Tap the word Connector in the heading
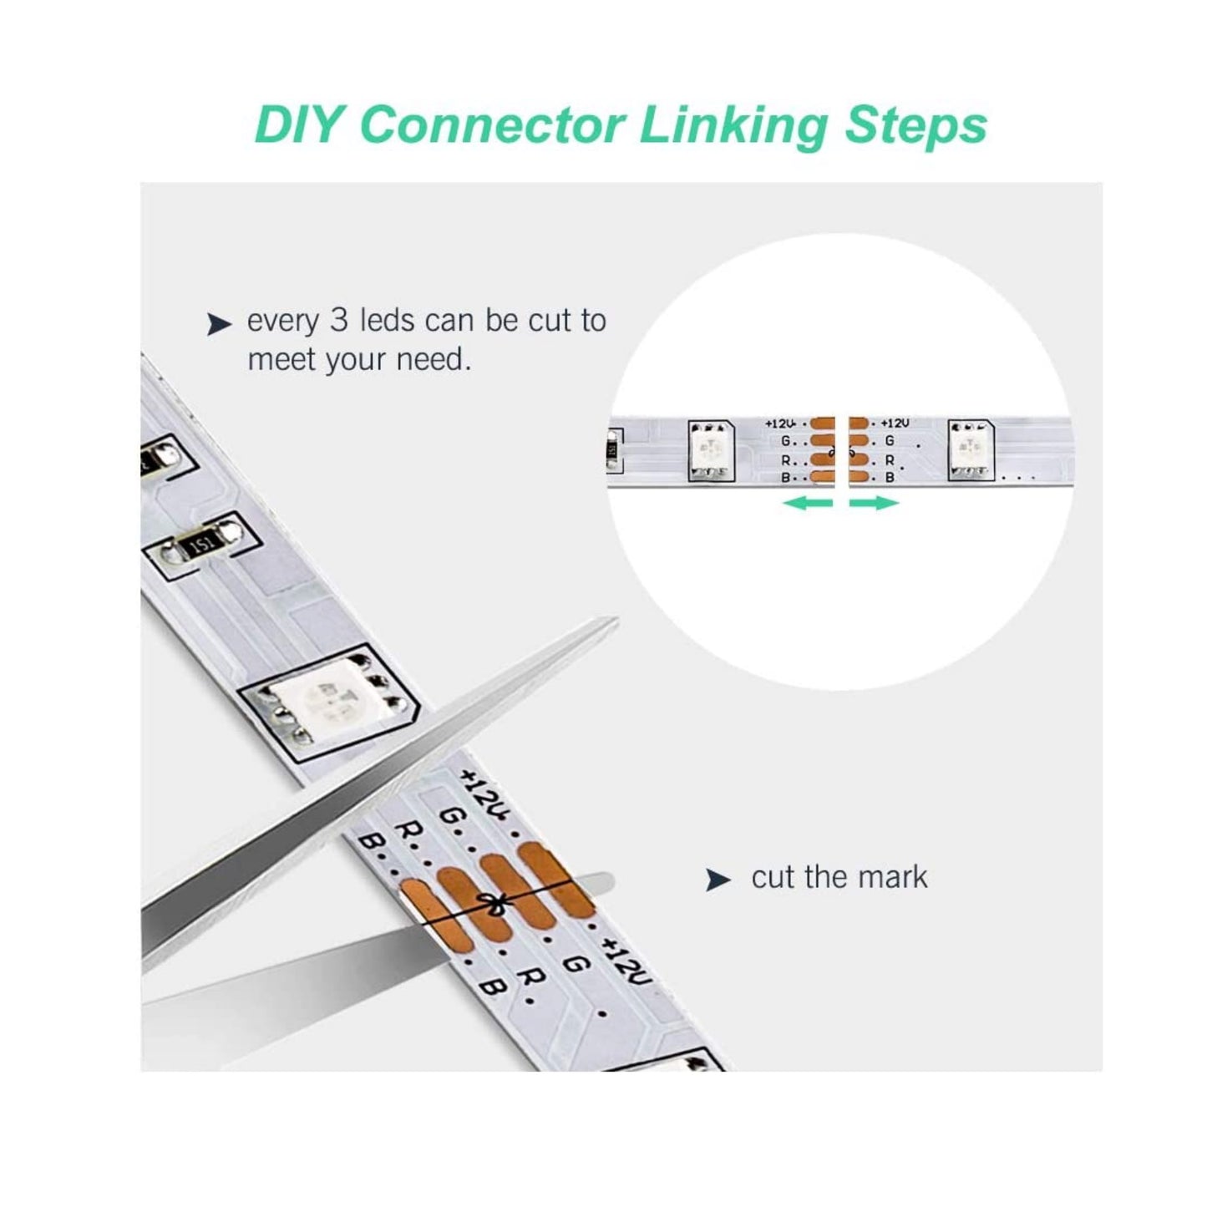pos(493,126)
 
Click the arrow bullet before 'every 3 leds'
pos(219,324)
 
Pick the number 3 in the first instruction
pos(338,320)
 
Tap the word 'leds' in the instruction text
pos(388,320)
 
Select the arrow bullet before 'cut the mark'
pos(718,880)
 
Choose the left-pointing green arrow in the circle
pos(808,502)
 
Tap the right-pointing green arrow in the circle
pos(874,502)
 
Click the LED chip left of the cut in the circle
pos(712,451)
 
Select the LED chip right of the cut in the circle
pos(971,449)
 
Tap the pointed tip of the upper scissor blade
pos(617,620)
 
